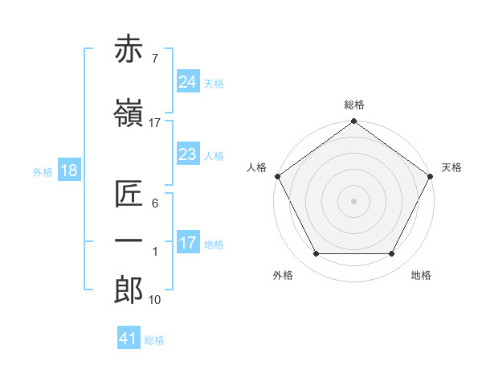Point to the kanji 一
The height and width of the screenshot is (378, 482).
click(129, 240)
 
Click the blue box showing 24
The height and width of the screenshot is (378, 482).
click(187, 82)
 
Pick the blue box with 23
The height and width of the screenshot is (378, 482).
click(187, 154)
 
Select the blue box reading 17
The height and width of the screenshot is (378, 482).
click(187, 243)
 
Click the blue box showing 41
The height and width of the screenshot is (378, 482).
click(129, 339)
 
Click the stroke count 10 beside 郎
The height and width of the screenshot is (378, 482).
click(154, 300)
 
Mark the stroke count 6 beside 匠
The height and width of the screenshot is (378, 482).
click(154, 203)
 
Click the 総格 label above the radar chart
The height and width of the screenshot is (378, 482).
click(353, 105)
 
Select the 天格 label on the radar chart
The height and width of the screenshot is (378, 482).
click(452, 167)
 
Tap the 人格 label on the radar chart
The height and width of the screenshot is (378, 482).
click(256, 167)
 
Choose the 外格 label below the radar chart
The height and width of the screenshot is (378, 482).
click(283, 276)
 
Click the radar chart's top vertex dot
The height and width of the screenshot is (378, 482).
click(353, 123)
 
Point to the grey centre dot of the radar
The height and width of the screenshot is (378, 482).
click(353, 200)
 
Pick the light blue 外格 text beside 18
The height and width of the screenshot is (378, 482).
click(43, 172)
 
